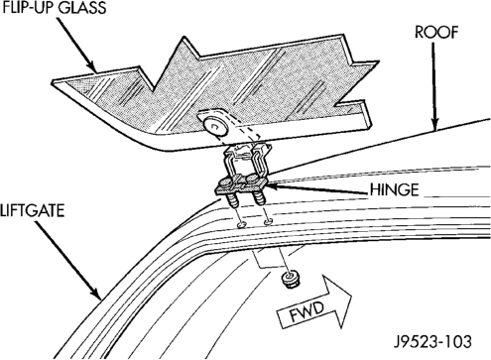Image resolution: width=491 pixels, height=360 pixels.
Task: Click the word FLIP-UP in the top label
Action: click(x=28, y=7)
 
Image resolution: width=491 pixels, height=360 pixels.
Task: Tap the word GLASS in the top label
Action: click(x=82, y=7)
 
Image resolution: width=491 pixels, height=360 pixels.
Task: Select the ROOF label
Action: click(x=436, y=33)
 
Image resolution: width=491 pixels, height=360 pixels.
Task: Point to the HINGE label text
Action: click(x=394, y=190)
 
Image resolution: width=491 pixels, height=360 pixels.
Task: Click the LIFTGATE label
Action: click(x=32, y=211)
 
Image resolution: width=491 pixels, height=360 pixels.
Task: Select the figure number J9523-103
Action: click(x=432, y=341)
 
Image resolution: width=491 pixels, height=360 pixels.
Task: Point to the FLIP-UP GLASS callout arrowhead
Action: click(x=92, y=67)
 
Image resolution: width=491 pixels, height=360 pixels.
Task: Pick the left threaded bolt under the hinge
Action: click(x=231, y=200)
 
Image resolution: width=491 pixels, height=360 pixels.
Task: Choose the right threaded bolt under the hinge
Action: click(x=260, y=198)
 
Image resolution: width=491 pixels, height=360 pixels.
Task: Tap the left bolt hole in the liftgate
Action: click(x=242, y=225)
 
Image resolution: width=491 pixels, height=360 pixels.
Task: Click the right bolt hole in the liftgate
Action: click(x=269, y=222)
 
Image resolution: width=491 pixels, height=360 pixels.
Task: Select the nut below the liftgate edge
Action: click(x=291, y=280)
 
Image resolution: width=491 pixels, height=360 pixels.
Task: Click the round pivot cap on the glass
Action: click(x=215, y=126)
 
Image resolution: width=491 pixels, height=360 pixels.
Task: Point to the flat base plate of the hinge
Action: click(x=241, y=186)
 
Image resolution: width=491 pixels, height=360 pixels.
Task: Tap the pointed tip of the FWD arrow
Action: click(x=351, y=296)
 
